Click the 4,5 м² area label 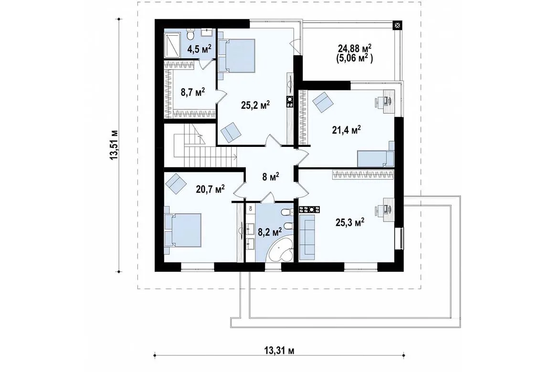tap(200, 48)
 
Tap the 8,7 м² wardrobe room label tap(192, 93)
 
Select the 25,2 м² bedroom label tap(255, 104)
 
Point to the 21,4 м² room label tap(346, 130)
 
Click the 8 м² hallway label tap(271, 177)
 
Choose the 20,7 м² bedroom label tap(210, 189)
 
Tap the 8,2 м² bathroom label tap(270, 232)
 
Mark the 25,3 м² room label tap(350, 222)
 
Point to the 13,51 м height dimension tap(114, 145)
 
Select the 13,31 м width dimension tap(279, 351)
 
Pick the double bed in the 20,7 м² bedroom tap(183, 230)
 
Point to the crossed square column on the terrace tap(398, 25)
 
